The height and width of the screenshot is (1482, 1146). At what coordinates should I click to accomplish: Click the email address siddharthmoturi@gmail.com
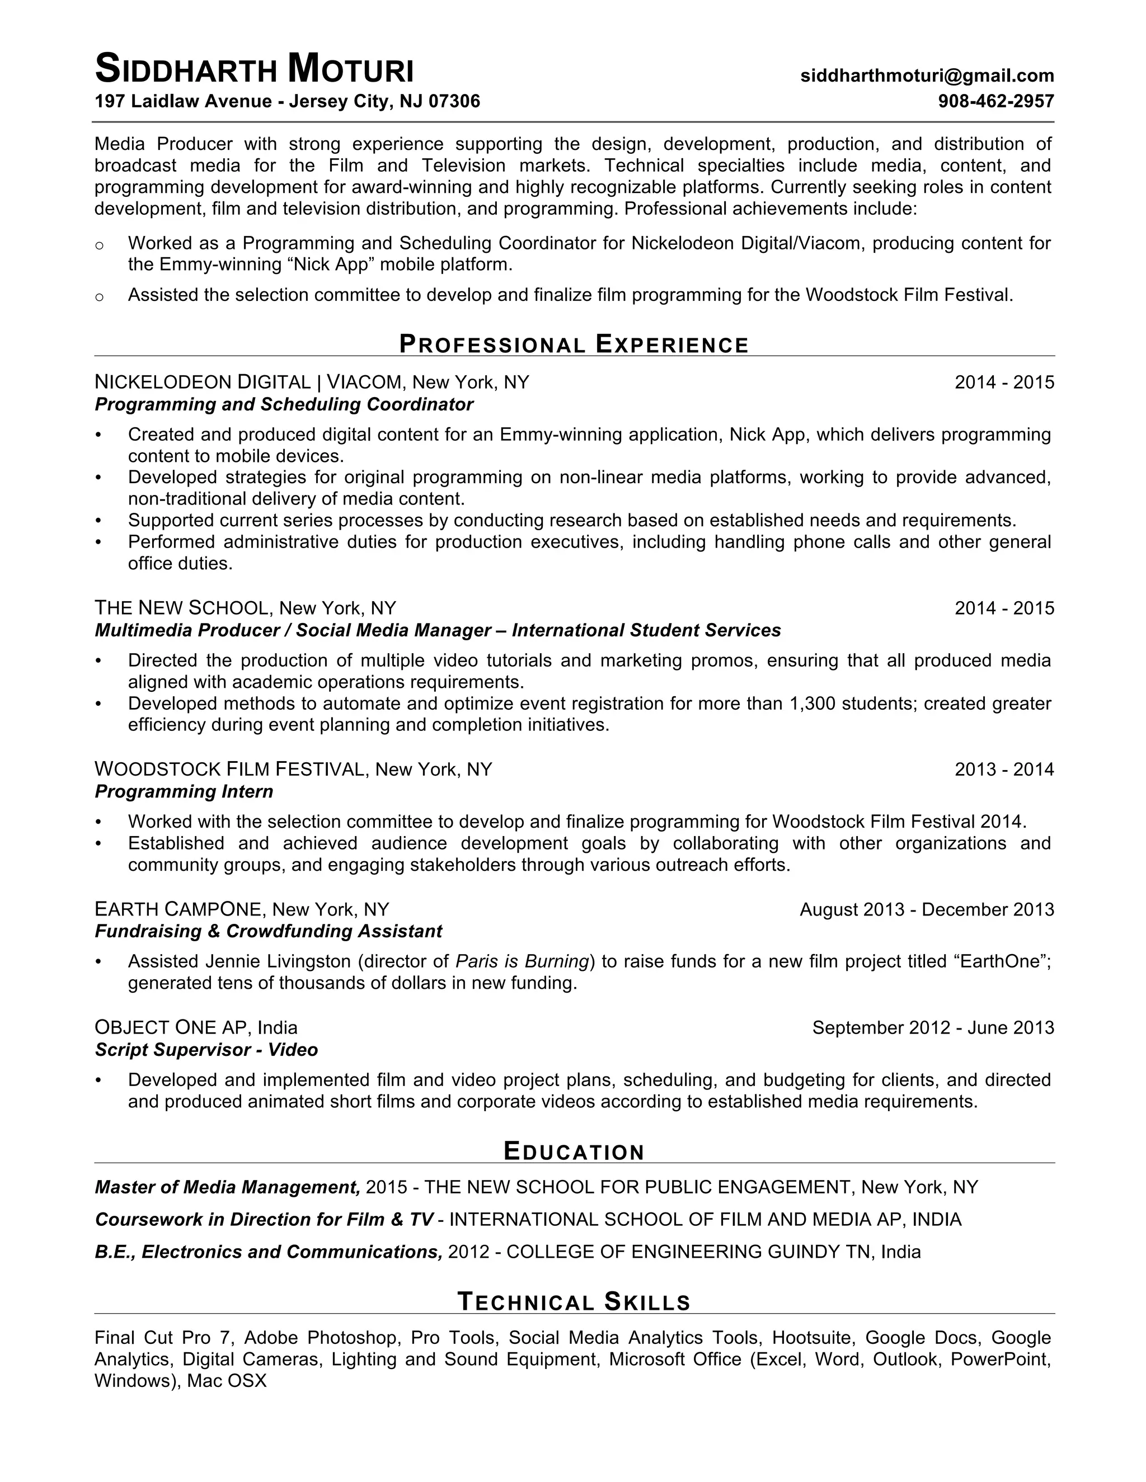(x=927, y=75)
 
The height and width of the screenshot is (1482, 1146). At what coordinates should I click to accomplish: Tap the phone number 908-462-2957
(x=995, y=102)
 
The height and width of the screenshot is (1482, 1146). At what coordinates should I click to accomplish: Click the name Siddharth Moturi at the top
(x=254, y=70)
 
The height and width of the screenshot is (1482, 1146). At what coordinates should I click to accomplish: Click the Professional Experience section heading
(x=574, y=344)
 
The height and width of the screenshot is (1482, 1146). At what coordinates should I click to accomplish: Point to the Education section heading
(x=574, y=1151)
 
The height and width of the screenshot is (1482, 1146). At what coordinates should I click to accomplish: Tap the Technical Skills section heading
(x=574, y=1302)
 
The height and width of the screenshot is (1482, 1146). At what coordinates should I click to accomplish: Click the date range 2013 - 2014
(x=1003, y=770)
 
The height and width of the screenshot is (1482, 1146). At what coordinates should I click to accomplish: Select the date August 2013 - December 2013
(x=926, y=909)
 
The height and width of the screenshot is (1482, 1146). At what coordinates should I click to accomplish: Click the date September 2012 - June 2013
(x=933, y=1027)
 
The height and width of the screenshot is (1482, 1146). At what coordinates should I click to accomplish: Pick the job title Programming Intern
(x=184, y=791)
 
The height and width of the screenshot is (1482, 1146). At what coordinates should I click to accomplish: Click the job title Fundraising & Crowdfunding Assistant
(x=268, y=931)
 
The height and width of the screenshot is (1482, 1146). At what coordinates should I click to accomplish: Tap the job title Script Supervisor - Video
(x=206, y=1050)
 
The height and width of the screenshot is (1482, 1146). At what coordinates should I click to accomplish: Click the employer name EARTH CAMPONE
(x=178, y=909)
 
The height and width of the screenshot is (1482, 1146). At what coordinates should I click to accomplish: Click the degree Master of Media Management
(x=227, y=1187)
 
